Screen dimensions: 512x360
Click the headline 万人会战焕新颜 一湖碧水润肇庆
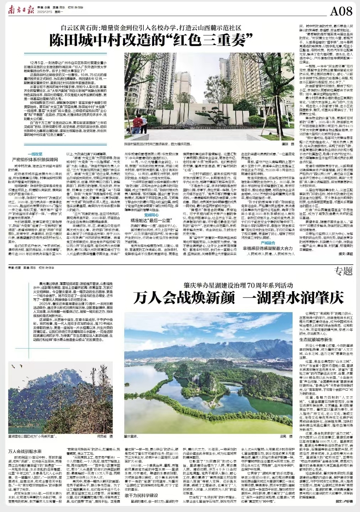click(x=238, y=298)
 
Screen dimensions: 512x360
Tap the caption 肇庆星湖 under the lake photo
click(x=131, y=436)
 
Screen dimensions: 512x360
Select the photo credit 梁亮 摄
click(x=286, y=436)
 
